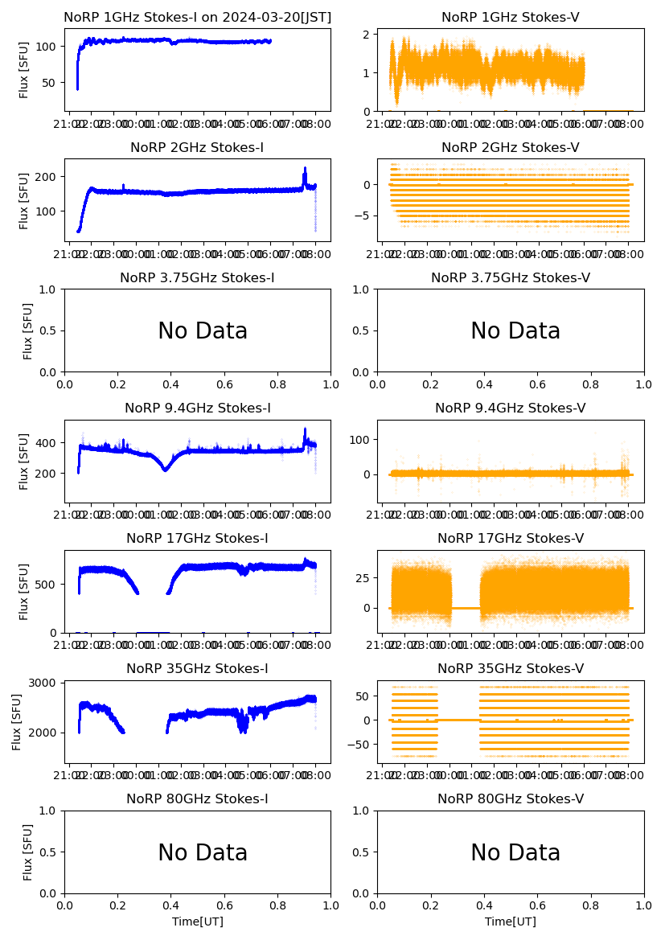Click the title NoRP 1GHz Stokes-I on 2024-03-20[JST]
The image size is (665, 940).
tap(197, 17)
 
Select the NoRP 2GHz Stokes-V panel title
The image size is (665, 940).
tap(511, 147)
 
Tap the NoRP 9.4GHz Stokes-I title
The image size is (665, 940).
tap(197, 408)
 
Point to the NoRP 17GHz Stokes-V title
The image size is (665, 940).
tap(511, 538)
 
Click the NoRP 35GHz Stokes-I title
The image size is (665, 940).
tap(197, 668)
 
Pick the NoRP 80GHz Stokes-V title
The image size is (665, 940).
tap(511, 798)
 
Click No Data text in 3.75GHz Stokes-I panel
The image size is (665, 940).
tap(203, 331)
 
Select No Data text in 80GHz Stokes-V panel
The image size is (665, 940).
tap(515, 852)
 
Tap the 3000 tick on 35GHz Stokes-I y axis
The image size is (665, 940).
tap(46, 683)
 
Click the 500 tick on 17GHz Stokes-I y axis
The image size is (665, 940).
tap(49, 584)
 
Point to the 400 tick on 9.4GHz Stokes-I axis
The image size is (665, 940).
tap(49, 443)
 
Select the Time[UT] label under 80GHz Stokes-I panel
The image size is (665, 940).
tap(197, 922)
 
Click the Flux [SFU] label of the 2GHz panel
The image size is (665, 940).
tap(24, 199)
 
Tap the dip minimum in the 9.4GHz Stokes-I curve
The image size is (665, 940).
tap(165, 469)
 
